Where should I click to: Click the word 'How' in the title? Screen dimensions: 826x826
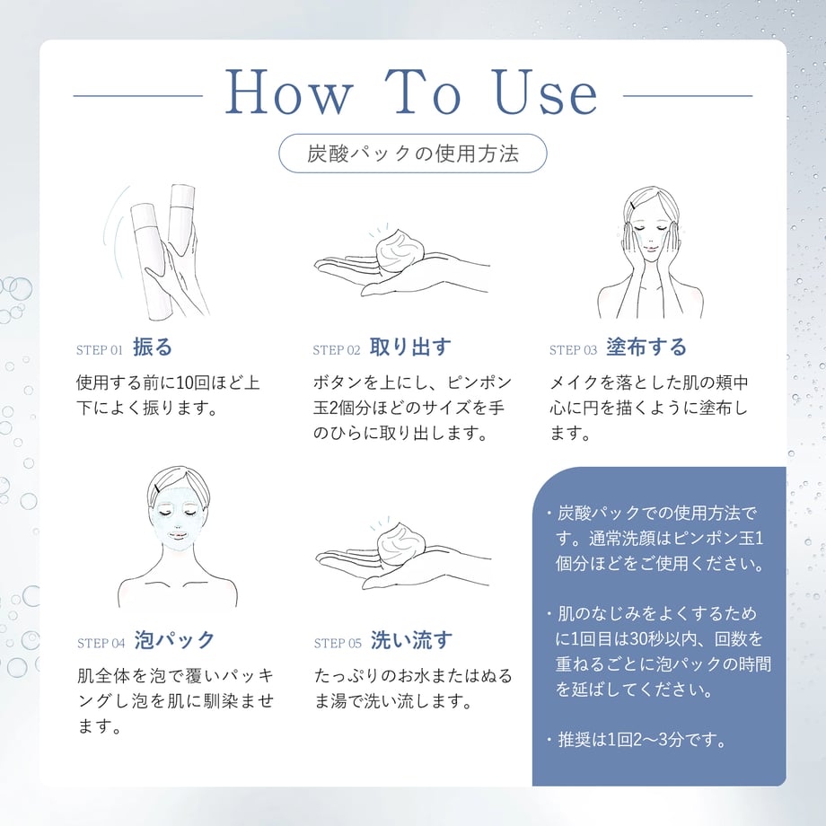point(289,92)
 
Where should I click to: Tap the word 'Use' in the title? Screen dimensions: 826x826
point(545,92)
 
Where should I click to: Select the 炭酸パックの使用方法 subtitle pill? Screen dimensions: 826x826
point(412,154)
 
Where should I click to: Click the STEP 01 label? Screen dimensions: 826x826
point(99,350)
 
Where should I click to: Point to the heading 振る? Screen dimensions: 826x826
point(153,347)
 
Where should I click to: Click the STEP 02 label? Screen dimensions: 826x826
point(336,350)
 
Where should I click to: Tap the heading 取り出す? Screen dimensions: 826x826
point(410,347)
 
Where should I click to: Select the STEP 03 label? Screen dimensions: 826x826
point(573,350)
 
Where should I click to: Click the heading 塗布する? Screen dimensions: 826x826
point(646,347)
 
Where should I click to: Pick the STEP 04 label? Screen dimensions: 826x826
point(101,643)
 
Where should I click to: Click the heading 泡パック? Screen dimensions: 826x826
point(174,640)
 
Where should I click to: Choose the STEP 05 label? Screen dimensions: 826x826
point(338,643)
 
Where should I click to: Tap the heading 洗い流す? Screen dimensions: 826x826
point(411,640)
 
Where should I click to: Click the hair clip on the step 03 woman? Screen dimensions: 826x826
point(632,205)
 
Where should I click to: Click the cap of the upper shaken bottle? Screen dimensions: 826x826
point(182,196)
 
